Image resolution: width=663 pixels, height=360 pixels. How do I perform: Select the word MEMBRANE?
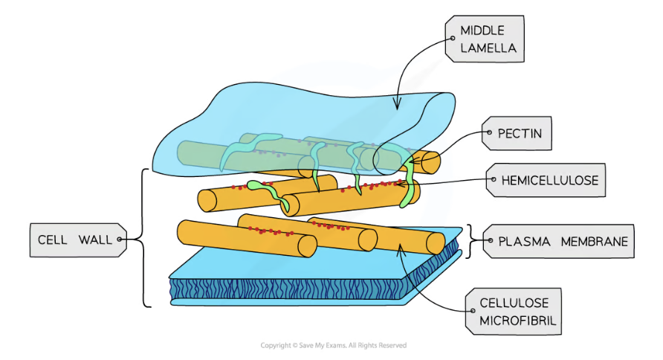tap(595, 241)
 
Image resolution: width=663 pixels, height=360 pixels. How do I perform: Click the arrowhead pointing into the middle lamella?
tap(397, 107)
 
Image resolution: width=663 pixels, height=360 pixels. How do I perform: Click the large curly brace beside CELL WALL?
tap(142, 238)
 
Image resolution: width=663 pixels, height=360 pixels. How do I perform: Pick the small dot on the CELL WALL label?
tap(119, 240)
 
